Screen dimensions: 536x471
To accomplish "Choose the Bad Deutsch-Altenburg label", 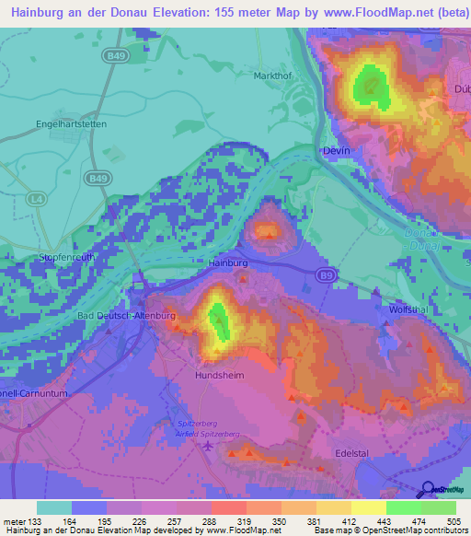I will [126, 316].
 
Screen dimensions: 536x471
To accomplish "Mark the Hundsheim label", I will [218, 377].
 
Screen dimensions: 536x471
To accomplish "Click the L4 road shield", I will [36, 198].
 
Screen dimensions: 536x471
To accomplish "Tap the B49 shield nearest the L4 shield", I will [95, 178].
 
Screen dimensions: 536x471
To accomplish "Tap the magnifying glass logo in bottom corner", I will [428, 490].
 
